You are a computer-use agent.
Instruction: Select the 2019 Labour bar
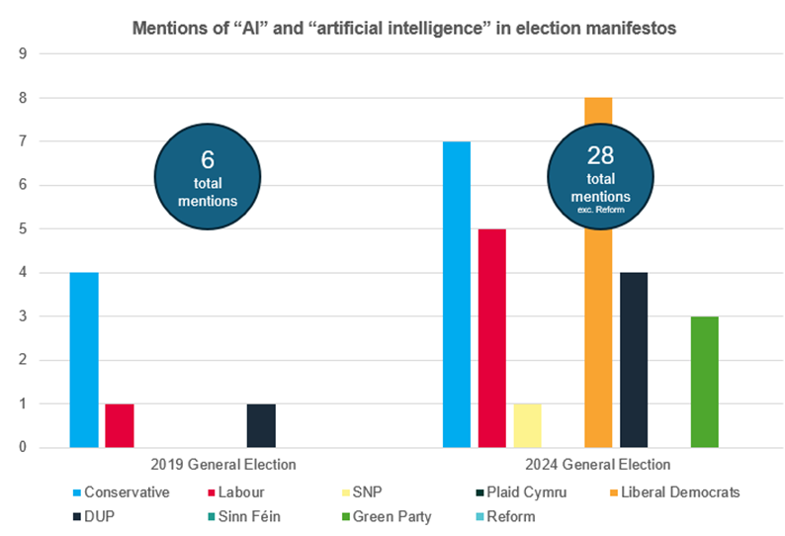[x=119, y=425]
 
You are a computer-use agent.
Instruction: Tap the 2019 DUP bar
[x=261, y=425]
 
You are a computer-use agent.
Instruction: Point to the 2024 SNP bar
[x=527, y=425]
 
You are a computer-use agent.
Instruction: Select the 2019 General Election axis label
[x=223, y=464]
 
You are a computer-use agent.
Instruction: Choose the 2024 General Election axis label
[x=597, y=464]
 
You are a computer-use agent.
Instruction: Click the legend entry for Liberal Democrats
[x=676, y=491]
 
